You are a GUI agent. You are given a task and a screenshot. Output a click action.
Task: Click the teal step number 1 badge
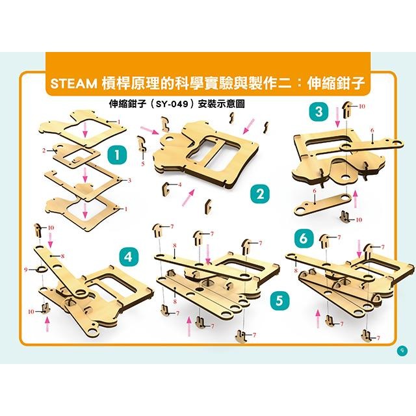pyautogui.click(x=116, y=155)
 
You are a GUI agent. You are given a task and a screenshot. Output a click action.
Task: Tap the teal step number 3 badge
pyautogui.click(x=319, y=111)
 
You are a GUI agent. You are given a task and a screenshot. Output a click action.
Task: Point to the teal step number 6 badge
pyautogui.click(x=303, y=239)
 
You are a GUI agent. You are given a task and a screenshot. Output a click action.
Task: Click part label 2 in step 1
pyautogui.click(x=43, y=150)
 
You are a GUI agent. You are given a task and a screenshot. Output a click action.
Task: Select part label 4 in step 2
pyautogui.click(x=179, y=185)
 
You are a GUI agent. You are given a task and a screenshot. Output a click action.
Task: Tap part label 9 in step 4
pyautogui.click(x=27, y=268)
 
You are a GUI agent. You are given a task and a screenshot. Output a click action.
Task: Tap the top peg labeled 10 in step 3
pyautogui.click(x=347, y=107)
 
